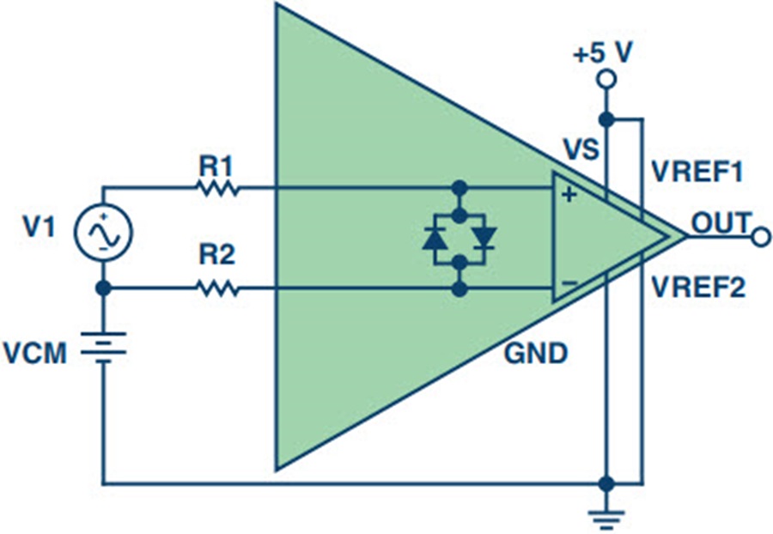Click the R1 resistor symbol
(x=218, y=186)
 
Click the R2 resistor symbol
(x=218, y=289)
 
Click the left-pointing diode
(x=435, y=238)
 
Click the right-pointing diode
(x=485, y=238)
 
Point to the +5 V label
(x=603, y=53)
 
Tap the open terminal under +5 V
(x=606, y=80)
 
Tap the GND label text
(x=535, y=354)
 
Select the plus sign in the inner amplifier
(x=568, y=195)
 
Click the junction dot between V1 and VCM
(x=103, y=289)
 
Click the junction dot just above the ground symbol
(x=606, y=482)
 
